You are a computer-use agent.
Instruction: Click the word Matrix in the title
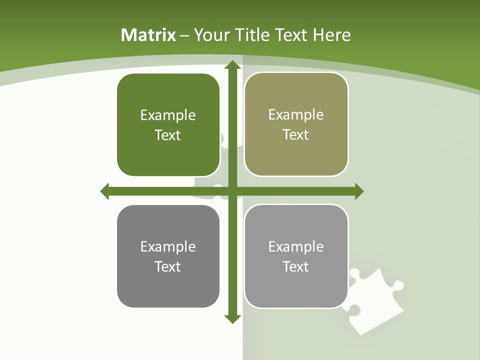point(148,35)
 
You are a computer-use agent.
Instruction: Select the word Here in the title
point(331,35)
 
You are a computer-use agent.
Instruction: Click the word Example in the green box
point(168,115)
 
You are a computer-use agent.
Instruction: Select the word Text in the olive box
point(296,134)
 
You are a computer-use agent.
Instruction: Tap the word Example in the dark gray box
point(168,246)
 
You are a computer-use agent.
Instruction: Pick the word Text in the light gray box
point(296,266)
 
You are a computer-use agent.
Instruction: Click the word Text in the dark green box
point(168,135)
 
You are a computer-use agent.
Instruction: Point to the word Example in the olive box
point(296,114)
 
